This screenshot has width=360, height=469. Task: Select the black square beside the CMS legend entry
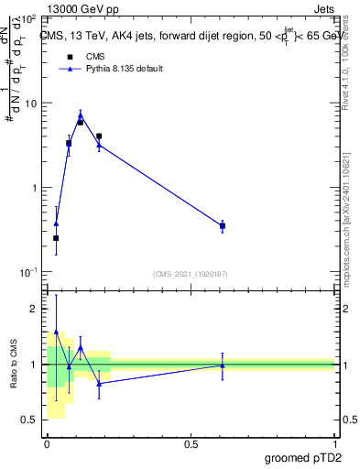[70, 57]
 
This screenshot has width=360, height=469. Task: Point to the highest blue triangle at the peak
[81, 115]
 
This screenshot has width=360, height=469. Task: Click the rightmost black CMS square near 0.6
[223, 225]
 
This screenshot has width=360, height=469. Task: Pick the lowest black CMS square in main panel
[56, 238]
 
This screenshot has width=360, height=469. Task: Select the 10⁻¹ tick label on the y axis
[28, 273]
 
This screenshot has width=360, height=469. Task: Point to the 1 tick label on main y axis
[35, 188]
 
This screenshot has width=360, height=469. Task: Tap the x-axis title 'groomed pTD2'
[304, 457]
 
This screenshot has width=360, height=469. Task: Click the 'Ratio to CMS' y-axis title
[14, 365]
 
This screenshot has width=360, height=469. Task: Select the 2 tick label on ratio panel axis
[35, 310]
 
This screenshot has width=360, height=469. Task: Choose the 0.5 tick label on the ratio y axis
[31, 420]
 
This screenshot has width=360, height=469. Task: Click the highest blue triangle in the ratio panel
[56, 332]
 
